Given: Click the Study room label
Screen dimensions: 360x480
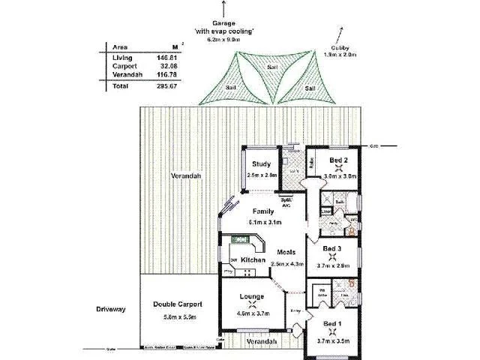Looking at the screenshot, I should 260,164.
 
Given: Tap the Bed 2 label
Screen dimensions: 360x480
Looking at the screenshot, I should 339,160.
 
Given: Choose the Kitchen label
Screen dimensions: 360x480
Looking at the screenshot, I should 253,260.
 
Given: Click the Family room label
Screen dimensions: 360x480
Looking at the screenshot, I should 263,211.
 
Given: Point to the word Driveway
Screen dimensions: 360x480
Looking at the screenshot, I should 111,308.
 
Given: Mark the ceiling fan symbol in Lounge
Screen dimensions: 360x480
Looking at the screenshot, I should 250,305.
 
